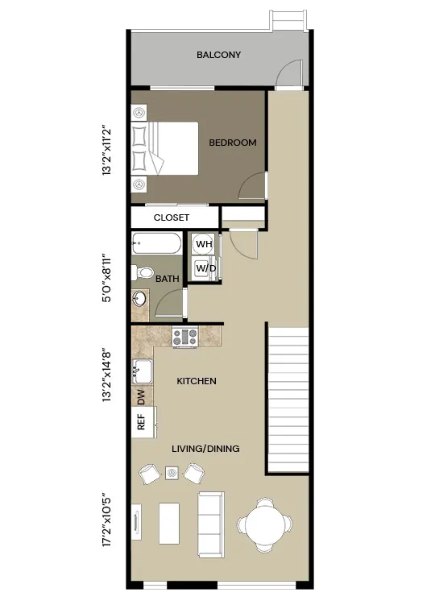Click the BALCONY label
pos(218,55)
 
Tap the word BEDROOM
pos(233,143)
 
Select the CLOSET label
pos(172,217)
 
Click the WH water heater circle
pos(204,244)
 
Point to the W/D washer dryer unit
pos(205,268)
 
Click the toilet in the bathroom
pos(143,272)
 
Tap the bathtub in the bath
pos(156,243)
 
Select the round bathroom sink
pos(139,300)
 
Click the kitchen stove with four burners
pos(185,337)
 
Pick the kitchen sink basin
pos(143,371)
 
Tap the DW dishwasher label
pos(141,396)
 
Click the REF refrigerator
pos(143,422)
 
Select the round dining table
pos(265,525)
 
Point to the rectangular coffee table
pos(169,523)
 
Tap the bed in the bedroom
pos(165,148)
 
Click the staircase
pos(288,400)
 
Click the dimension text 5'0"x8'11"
pos(107,278)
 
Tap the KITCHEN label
pos(197,381)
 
